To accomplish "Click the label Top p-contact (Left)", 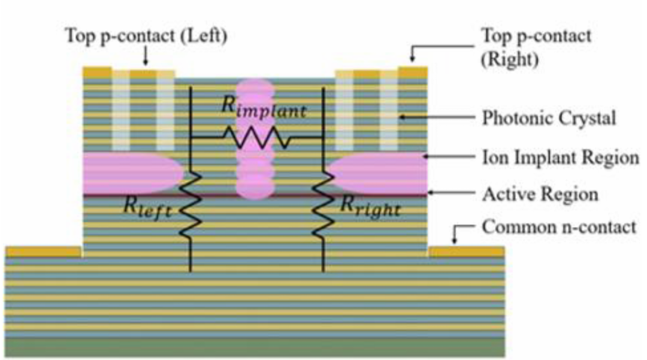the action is click(x=147, y=36).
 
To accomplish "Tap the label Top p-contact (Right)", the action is click(x=536, y=47).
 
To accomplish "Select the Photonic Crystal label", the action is click(x=549, y=119).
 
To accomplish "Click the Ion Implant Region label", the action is click(x=561, y=158).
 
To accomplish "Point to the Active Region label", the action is click(x=540, y=194).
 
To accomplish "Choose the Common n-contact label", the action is click(x=559, y=227).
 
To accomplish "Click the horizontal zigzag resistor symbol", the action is click(x=256, y=137).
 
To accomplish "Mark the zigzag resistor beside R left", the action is click(x=191, y=204).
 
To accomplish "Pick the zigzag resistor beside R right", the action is click(x=323, y=204).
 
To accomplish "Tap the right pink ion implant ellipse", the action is click(x=378, y=174).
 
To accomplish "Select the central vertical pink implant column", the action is click(x=255, y=138).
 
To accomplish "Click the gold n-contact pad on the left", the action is click(x=43, y=251).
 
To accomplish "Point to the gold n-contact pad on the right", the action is click(x=467, y=251).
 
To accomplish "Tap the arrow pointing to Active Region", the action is click(x=451, y=192).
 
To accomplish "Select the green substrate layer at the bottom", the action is click(x=255, y=347).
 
